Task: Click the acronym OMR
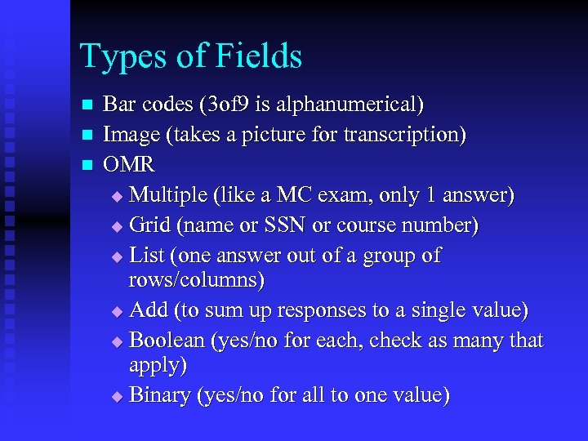pyautogui.click(x=130, y=164)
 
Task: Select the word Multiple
pyautogui.click(x=167, y=195)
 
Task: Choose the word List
pyautogui.click(x=147, y=255)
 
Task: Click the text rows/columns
pyautogui.click(x=196, y=281)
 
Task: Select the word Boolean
pyautogui.click(x=167, y=340)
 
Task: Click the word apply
pyautogui.click(x=158, y=365)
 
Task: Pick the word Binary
pyautogui.click(x=159, y=395)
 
